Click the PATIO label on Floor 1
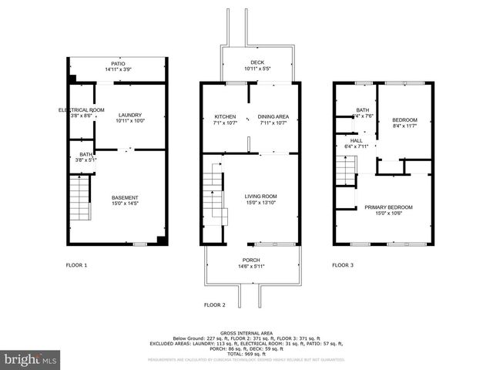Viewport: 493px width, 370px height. click(118, 64)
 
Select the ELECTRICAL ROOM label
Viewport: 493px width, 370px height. click(82, 110)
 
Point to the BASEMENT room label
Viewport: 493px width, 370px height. click(125, 198)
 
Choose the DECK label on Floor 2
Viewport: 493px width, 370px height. click(257, 63)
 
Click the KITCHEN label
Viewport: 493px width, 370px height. click(224, 116)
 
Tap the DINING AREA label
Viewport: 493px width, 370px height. click(273, 116)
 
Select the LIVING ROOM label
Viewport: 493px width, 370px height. click(260, 197)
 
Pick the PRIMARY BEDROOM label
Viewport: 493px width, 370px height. click(388, 207)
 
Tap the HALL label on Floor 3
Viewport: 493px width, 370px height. click(356, 140)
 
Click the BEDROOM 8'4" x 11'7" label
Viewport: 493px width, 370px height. click(404, 120)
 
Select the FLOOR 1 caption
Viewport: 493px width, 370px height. click(76, 265)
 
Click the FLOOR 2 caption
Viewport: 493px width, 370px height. click(215, 305)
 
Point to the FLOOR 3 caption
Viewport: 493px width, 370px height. click(343, 265)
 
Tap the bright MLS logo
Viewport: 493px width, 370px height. click(31, 359)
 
